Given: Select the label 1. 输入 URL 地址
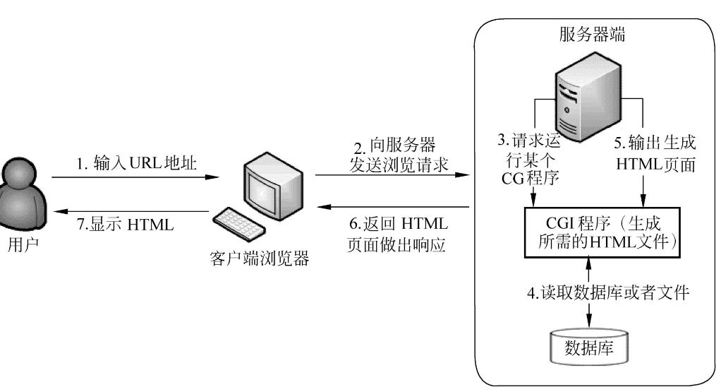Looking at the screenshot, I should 136,164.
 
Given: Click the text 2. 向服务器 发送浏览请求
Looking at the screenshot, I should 394,156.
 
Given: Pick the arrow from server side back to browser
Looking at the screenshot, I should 394,207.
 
